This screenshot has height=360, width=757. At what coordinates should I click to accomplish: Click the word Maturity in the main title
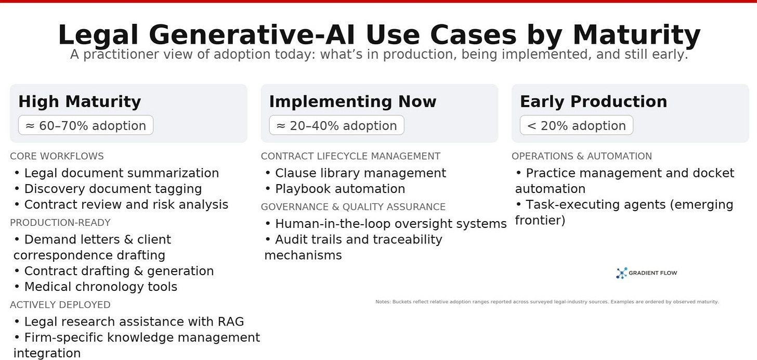636,35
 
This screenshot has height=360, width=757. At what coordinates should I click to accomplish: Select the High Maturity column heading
80,101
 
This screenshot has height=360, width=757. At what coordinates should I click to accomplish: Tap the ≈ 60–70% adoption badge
86,125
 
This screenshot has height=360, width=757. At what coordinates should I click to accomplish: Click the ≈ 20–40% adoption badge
336,125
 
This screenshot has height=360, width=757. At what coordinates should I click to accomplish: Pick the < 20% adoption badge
577,125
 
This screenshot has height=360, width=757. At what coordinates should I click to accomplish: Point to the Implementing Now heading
353,101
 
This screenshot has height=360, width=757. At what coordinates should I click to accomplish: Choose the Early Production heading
593,101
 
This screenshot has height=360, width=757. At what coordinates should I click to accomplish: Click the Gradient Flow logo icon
621,273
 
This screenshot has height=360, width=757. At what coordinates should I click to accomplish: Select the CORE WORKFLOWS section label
57,156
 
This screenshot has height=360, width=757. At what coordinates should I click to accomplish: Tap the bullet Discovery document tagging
108,189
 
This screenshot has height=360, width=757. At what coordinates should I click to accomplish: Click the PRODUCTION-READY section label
60,223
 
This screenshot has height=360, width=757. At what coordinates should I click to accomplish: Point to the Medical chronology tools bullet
96,287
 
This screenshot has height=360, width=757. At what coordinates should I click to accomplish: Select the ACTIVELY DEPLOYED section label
60,305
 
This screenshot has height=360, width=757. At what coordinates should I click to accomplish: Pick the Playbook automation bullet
335,189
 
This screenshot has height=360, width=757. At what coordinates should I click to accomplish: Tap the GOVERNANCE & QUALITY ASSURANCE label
353,207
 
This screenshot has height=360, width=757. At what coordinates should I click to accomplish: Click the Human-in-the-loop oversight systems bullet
386,224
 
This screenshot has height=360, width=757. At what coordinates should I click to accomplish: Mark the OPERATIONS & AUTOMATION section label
582,156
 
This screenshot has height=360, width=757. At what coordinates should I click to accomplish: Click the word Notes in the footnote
383,302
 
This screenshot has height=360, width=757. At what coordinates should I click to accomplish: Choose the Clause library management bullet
356,173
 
